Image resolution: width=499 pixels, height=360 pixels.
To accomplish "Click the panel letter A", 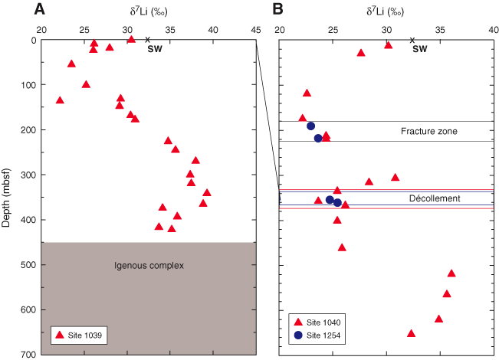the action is [39, 9].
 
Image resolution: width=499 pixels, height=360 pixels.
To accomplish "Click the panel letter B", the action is [277, 9].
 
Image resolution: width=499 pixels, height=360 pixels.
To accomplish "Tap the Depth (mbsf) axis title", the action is [5, 198].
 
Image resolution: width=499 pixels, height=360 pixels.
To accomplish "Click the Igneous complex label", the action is [149, 266].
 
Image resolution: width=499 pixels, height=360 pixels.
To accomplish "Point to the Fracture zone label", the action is [429, 131].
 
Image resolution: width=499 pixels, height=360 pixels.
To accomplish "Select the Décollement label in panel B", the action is [435, 198].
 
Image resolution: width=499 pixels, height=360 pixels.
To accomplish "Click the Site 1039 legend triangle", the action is [60, 335].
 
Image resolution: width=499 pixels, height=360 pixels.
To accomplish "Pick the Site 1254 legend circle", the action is [298, 335].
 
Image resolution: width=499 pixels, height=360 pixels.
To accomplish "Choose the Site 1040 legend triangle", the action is [298, 322].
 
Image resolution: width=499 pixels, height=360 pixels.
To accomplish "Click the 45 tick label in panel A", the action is [256, 30].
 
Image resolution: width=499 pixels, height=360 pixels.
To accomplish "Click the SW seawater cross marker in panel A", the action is [147, 40].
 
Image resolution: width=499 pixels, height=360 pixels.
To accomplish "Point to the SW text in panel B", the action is [420, 49].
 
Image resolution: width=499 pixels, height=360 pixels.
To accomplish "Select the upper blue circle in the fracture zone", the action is [311, 126].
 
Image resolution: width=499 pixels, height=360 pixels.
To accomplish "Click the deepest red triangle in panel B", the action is [411, 333].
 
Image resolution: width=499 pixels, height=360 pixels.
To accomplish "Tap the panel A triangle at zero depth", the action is [131, 39].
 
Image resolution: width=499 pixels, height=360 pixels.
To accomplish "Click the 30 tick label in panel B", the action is [386, 30].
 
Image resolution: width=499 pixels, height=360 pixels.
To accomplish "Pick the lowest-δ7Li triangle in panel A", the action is [60, 100].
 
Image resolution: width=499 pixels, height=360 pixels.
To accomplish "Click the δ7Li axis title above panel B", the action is [385, 11].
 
